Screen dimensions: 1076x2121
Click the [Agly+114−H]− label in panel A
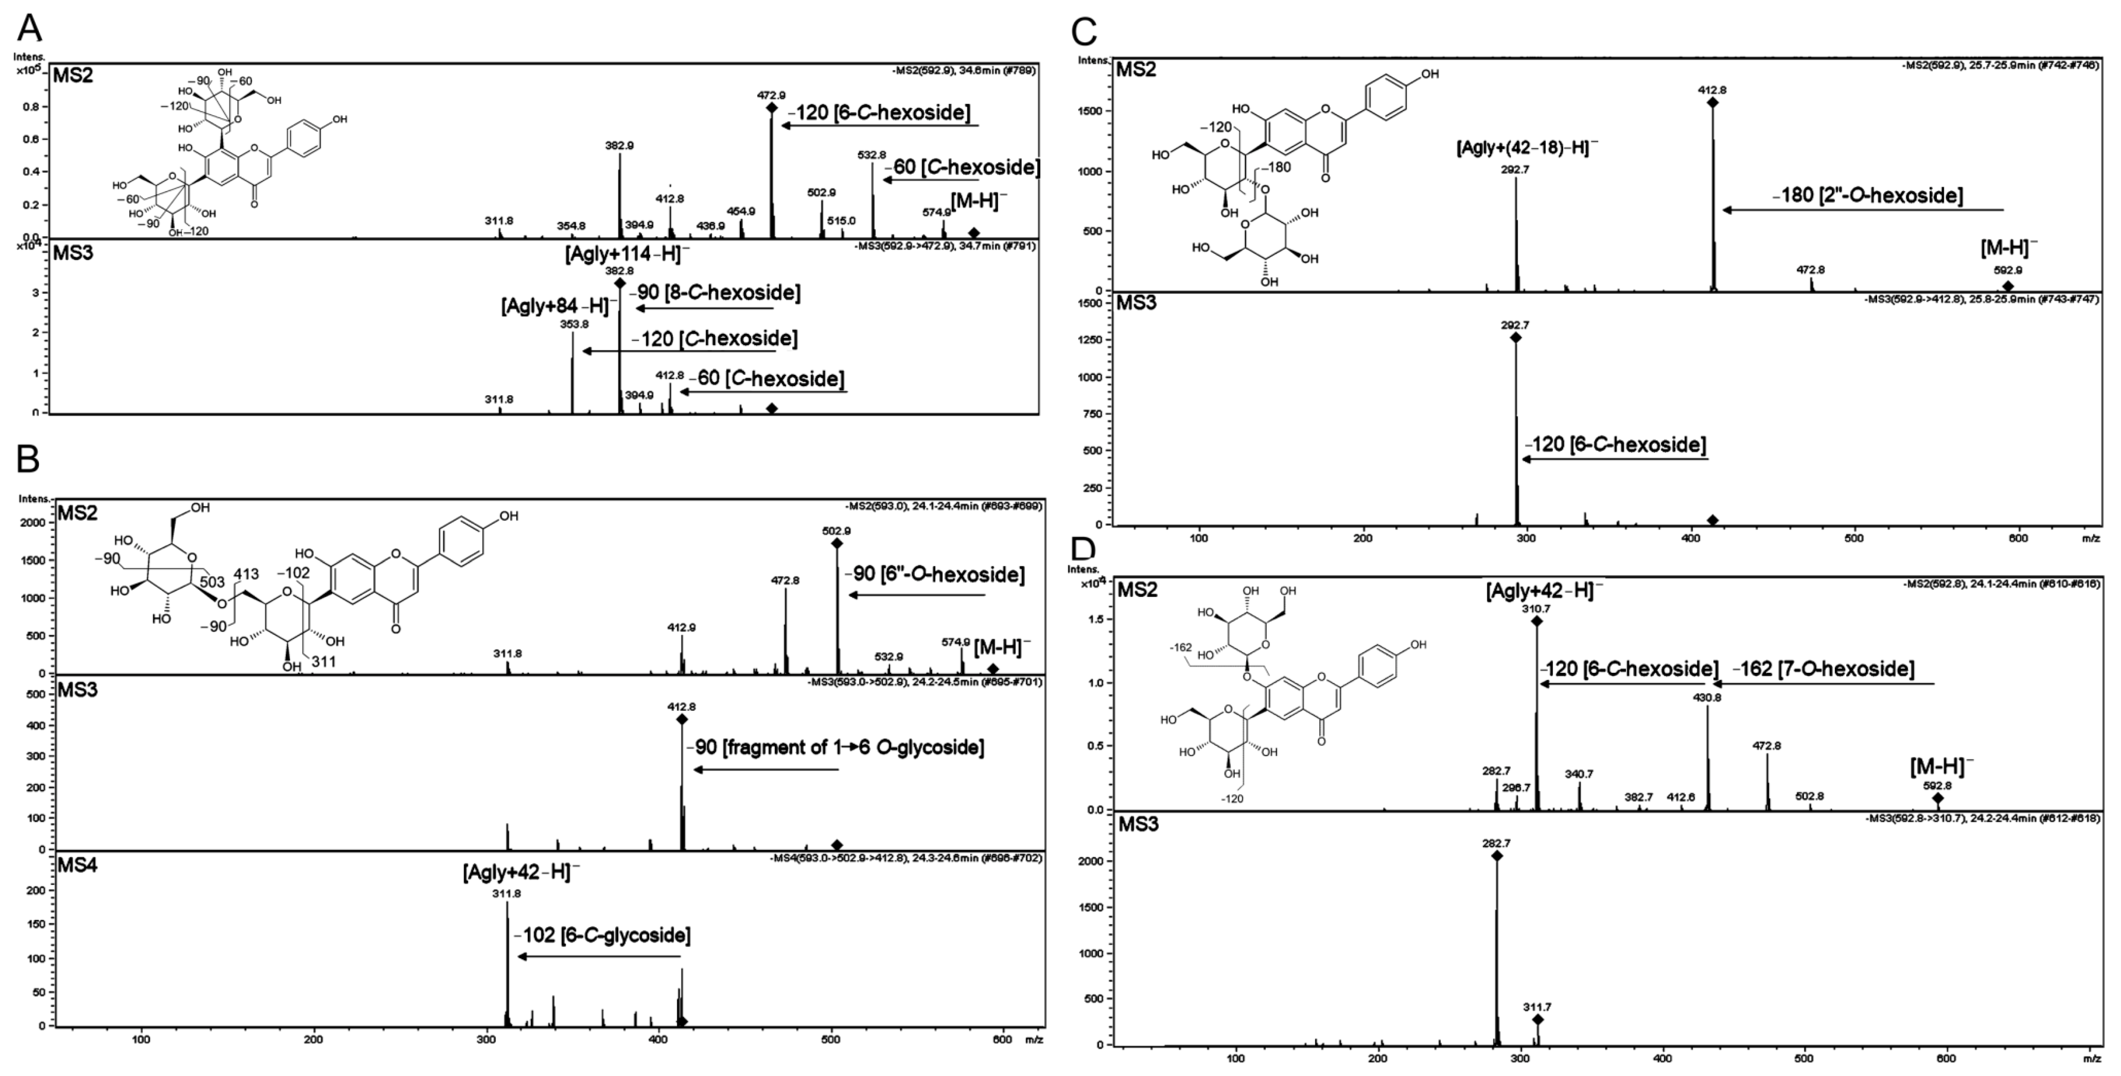(628, 254)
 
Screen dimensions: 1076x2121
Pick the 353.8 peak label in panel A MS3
(574, 324)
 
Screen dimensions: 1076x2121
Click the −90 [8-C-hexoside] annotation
(715, 292)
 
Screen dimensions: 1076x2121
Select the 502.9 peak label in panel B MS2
(836, 531)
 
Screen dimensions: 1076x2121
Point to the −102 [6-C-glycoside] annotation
(601, 935)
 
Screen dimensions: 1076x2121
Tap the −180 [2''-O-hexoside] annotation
(1867, 195)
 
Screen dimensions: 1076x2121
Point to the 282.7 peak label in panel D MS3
(1496, 843)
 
